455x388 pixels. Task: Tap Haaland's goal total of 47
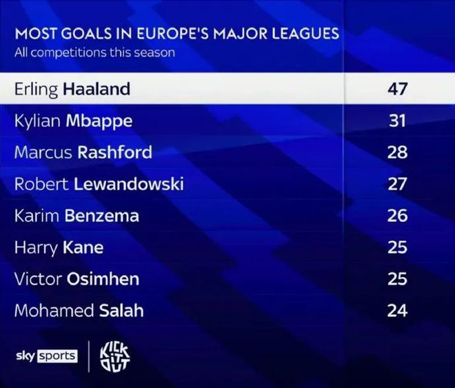pos(397,89)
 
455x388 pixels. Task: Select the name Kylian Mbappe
pos(73,121)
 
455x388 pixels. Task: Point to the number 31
pos(397,121)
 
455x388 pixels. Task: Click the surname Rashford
pos(115,152)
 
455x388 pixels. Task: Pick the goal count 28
pos(397,152)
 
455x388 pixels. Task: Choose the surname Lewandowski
pos(135,184)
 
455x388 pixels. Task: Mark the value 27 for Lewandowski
pos(397,184)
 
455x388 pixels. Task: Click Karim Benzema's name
pos(77,216)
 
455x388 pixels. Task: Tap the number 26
pos(397,216)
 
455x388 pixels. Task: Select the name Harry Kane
pos(59,247)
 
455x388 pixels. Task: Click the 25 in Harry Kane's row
pos(397,247)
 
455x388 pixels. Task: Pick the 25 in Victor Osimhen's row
pos(397,279)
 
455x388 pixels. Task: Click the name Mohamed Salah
pos(79,311)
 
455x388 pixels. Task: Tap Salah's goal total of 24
pos(397,311)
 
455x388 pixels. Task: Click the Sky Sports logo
pos(46,356)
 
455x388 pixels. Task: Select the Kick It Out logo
pos(114,356)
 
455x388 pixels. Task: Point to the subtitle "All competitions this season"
pos(94,52)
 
